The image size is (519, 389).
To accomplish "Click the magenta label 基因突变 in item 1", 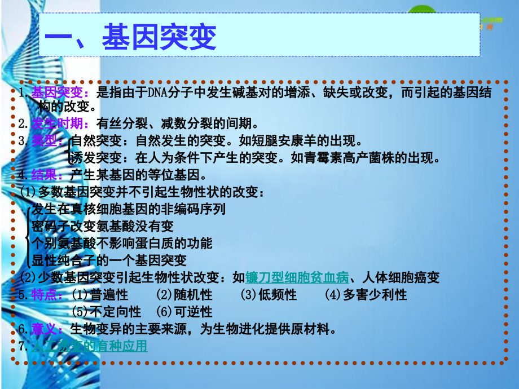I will tap(57, 92).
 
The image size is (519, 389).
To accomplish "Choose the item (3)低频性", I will tap(269, 294).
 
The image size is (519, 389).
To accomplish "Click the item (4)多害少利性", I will tap(366, 294).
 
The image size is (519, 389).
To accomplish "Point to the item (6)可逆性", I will tap(184, 312).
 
